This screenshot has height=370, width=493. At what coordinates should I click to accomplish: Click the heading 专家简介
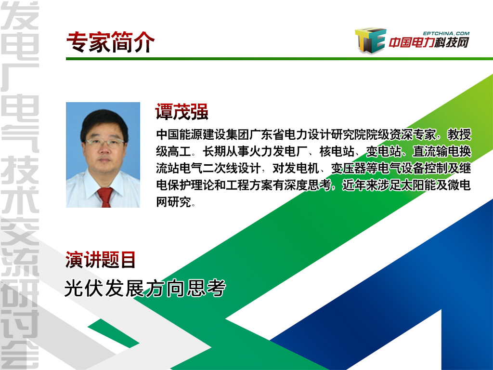(110, 42)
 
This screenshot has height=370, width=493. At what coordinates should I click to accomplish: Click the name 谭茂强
(182, 112)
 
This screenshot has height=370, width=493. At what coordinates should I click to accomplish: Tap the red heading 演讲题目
(100, 260)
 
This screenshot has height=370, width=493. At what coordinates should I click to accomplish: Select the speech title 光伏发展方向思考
(145, 288)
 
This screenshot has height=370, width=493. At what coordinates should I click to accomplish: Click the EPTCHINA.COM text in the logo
(446, 33)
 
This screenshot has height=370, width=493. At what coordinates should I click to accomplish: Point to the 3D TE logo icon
(370, 40)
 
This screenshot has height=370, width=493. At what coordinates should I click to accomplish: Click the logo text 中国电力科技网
(429, 42)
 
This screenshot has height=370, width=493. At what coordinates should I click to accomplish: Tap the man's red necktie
(105, 197)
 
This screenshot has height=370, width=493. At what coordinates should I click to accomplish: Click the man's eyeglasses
(104, 143)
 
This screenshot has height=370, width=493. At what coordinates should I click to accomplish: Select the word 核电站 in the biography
(337, 151)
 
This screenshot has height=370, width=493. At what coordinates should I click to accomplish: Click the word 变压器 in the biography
(349, 168)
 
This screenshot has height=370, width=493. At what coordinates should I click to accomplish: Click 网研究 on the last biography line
(173, 202)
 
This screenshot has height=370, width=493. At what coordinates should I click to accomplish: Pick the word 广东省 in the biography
(267, 134)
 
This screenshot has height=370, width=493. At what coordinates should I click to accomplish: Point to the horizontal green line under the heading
(279, 59)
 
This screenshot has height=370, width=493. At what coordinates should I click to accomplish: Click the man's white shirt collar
(104, 183)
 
